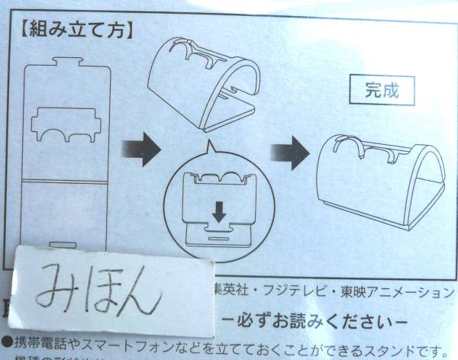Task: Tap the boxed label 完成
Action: point(381,90)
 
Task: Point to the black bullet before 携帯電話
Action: point(6,344)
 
